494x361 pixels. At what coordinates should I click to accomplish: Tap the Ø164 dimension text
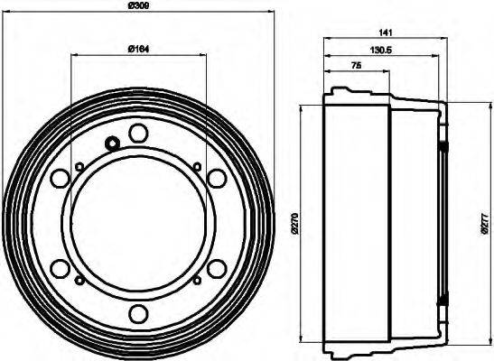[137, 47]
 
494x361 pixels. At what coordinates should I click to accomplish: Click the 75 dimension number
[356, 66]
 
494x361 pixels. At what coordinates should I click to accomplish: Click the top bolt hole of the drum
[137, 134]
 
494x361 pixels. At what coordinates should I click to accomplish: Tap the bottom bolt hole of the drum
[137, 313]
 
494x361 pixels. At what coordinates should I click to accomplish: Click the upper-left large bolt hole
[60, 179]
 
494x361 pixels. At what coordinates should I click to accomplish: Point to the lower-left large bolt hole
[60, 268]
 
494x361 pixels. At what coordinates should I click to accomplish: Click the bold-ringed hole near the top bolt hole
[112, 143]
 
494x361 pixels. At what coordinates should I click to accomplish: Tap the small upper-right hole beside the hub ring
[197, 164]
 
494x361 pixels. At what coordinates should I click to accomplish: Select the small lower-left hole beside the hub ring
[79, 282]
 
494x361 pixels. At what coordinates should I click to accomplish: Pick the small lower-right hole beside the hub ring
[197, 282]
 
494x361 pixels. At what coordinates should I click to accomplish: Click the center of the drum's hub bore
[137, 223]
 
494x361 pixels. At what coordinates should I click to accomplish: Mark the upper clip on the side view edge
[443, 145]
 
